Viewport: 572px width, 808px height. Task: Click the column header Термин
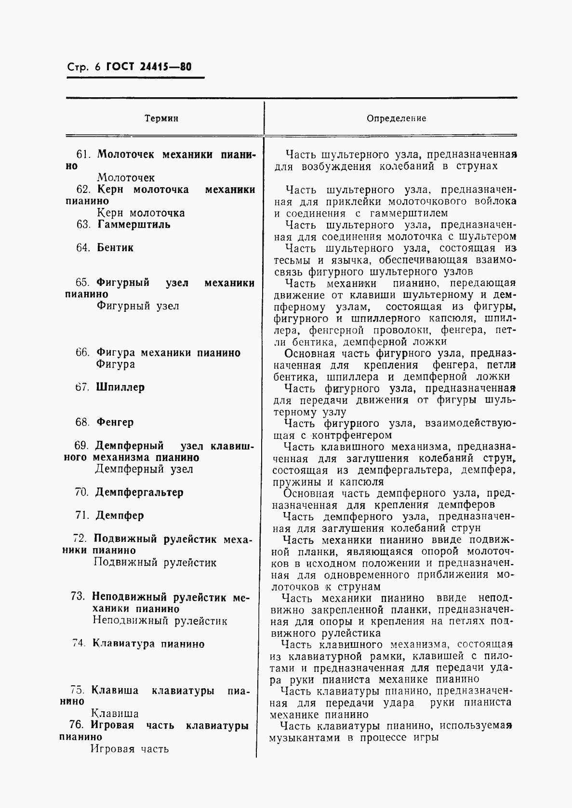(x=162, y=118)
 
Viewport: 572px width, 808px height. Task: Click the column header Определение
(x=397, y=118)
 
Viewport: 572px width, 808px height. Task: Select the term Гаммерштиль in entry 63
(x=133, y=225)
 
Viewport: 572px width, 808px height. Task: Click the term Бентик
(x=115, y=248)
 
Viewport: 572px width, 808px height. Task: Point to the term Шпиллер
(x=120, y=387)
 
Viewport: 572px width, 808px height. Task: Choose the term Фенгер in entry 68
(x=115, y=422)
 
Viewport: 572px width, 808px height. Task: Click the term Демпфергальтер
(x=139, y=492)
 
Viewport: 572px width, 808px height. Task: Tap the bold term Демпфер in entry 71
(x=120, y=515)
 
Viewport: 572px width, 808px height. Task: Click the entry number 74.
(x=79, y=644)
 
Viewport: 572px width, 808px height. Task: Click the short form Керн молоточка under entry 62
(x=141, y=213)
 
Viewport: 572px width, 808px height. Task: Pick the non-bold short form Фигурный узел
(x=138, y=306)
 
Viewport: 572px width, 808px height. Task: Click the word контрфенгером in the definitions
(x=351, y=436)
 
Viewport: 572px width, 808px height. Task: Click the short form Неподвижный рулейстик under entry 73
(x=160, y=621)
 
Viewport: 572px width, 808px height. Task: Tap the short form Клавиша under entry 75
(x=115, y=714)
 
